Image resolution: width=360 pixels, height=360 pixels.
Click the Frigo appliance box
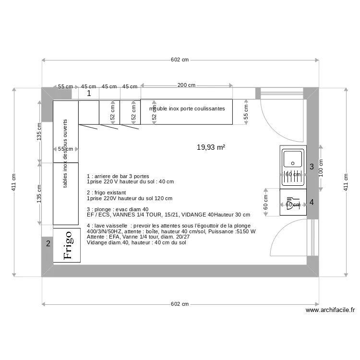pyautogui.click(x=67, y=245)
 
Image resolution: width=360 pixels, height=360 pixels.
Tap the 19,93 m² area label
pyautogui.click(x=211, y=147)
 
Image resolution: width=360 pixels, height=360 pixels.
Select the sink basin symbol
pyautogui.click(x=293, y=159)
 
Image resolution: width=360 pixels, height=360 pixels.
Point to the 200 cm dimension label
pyautogui.click(x=186, y=85)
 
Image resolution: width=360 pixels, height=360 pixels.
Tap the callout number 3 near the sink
pyautogui.click(x=312, y=167)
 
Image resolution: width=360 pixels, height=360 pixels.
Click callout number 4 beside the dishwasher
pyautogui.click(x=312, y=202)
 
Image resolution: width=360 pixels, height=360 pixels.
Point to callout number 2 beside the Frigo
pyautogui.click(x=48, y=244)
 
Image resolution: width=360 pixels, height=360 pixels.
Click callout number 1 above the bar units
pyautogui.click(x=88, y=94)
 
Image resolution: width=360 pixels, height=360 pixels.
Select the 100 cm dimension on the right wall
pyautogui.click(x=321, y=168)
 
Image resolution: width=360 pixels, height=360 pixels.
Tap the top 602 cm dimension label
pyautogui.click(x=180, y=60)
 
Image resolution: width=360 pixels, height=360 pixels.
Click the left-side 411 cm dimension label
pyautogui.click(x=14, y=182)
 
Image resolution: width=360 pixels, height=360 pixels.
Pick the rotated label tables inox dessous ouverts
pyautogui.click(x=65, y=154)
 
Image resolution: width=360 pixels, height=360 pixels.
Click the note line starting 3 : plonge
pyautogui.click(x=118, y=209)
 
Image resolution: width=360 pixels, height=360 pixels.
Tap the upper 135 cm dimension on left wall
pyautogui.click(x=39, y=132)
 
